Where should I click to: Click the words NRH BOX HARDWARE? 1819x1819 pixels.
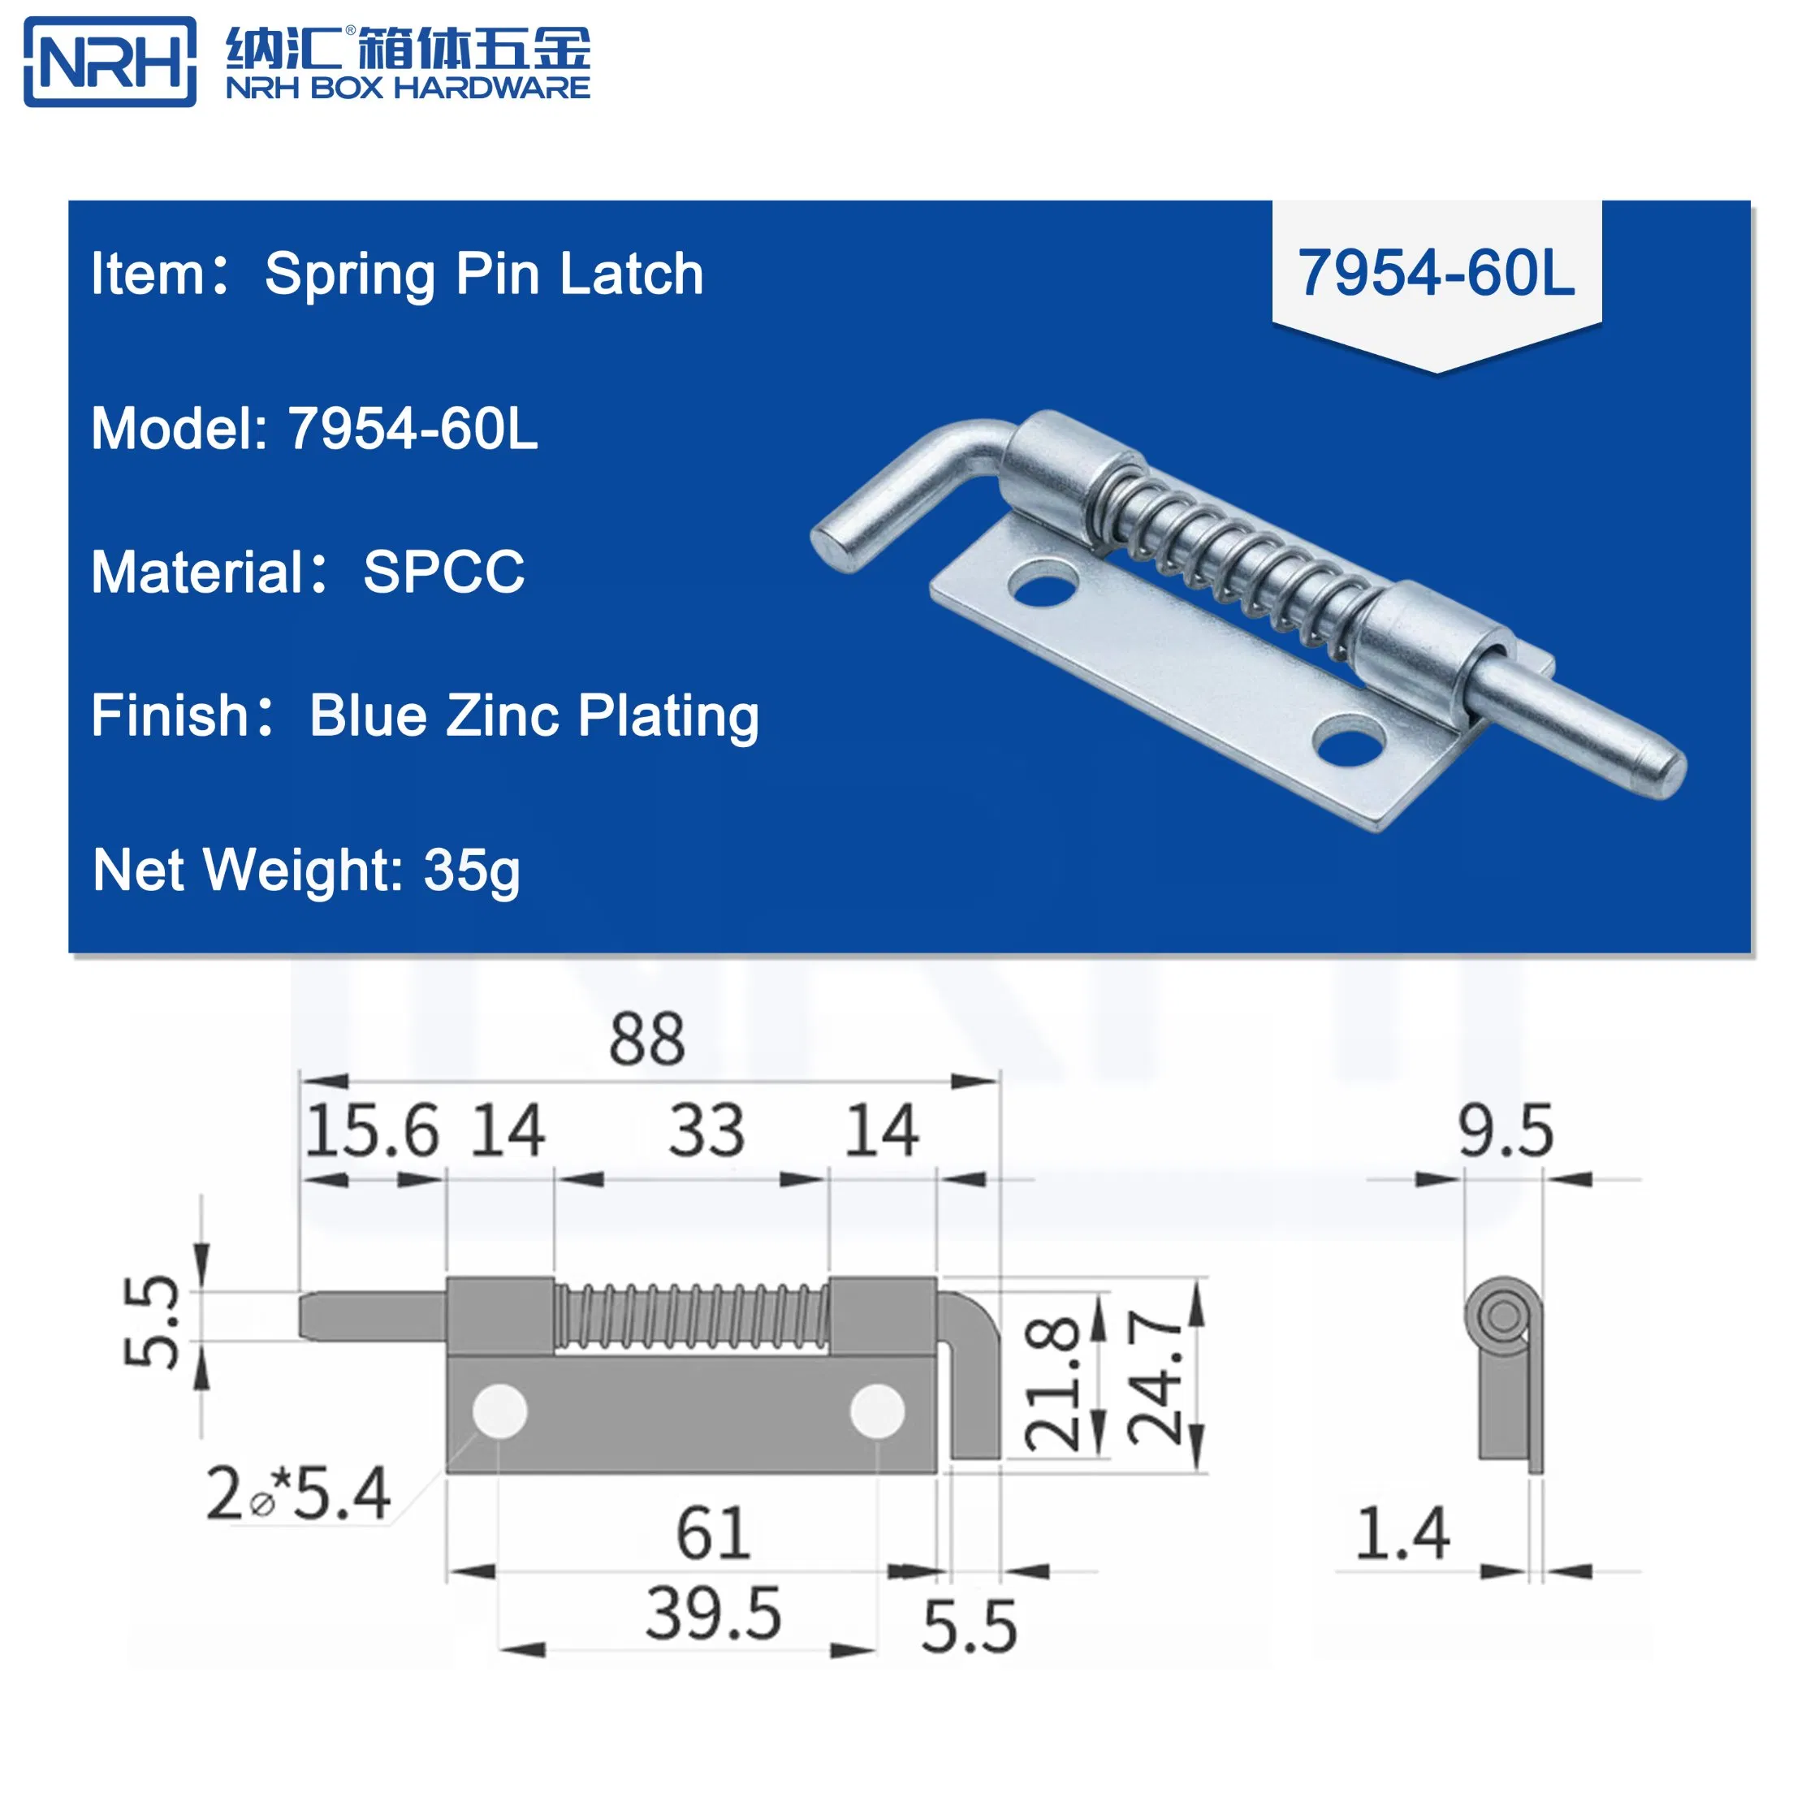[x=408, y=89]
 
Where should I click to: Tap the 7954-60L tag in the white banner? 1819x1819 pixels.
[x=1436, y=273]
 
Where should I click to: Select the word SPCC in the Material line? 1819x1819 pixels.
[x=443, y=572]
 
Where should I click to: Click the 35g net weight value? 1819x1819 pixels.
[x=471, y=870]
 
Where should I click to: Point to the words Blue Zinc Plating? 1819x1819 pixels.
[x=534, y=715]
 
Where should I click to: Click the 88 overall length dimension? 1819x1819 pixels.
[x=647, y=1039]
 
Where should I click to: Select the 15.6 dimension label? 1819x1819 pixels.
[x=371, y=1130]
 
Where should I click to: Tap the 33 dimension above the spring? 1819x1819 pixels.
[x=706, y=1130]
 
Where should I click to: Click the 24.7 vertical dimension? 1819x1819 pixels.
[x=1154, y=1380]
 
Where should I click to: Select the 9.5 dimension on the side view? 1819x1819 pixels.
[x=1505, y=1130]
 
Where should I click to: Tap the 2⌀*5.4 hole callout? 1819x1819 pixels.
[x=297, y=1493]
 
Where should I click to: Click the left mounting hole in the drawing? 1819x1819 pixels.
[x=499, y=1411]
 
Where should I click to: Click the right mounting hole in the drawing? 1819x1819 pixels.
[x=876, y=1411]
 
